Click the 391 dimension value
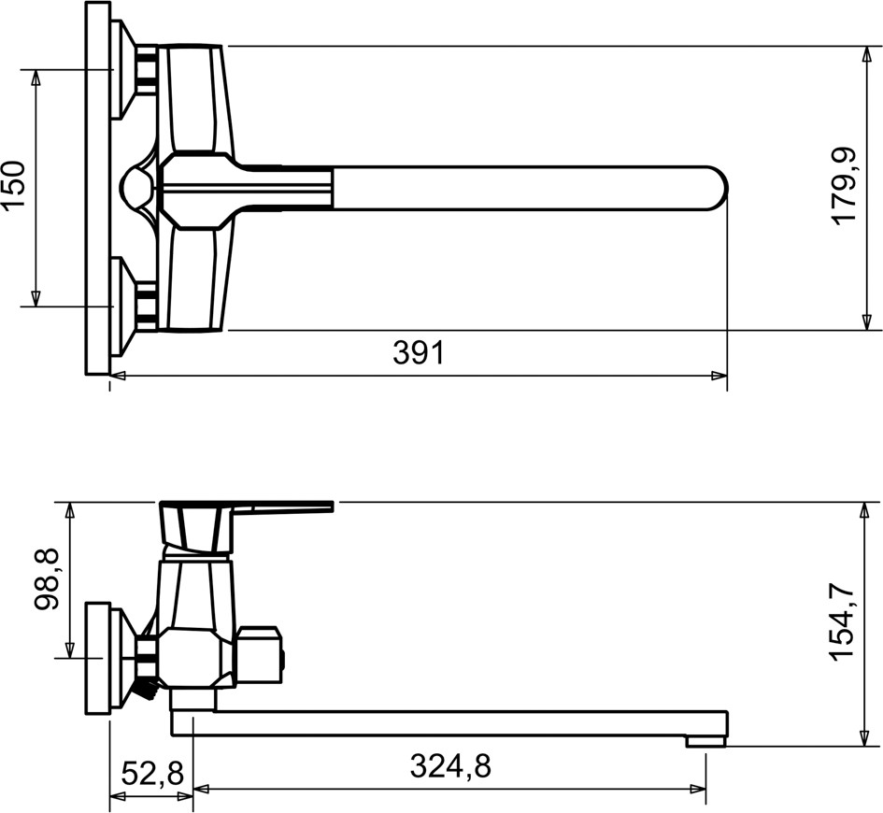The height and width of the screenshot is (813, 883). [x=419, y=353]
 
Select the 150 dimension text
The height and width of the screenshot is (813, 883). [x=15, y=185]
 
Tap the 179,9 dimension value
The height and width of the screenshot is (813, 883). [x=844, y=186]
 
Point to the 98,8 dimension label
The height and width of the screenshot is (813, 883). [x=47, y=580]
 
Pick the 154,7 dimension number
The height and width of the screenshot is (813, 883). [x=843, y=623]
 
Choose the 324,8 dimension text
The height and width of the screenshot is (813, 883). [x=450, y=766]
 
